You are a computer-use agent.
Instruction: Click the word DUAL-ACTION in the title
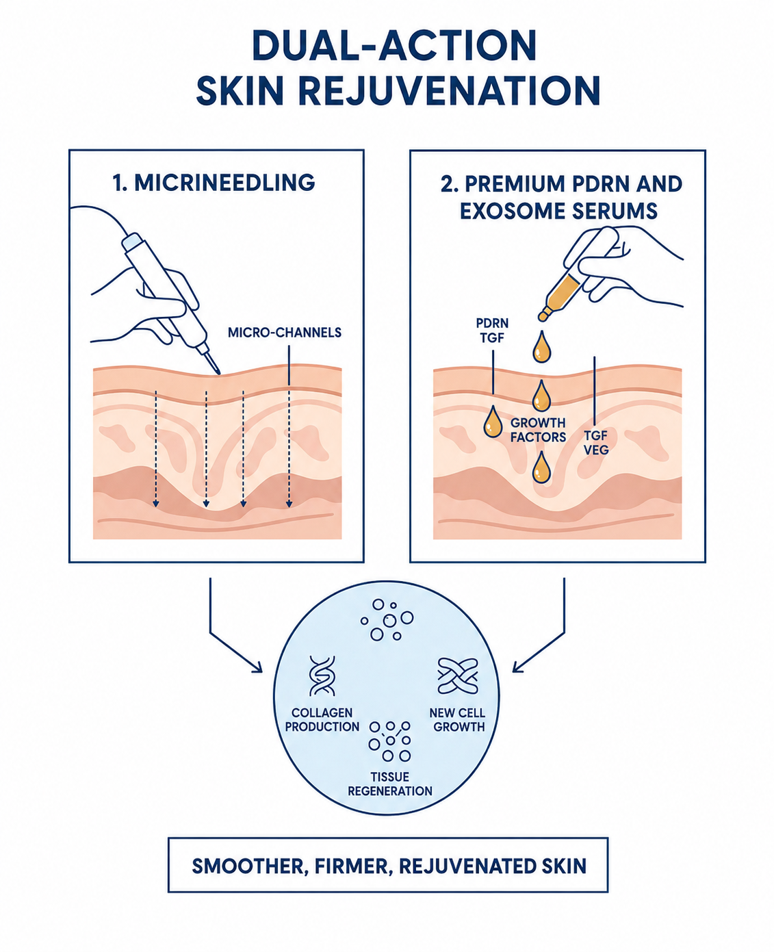[x=394, y=46]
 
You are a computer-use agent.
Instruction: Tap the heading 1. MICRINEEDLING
[x=214, y=182]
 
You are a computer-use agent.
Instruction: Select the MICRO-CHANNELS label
[x=285, y=333]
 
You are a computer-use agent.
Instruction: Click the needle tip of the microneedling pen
[x=218, y=372]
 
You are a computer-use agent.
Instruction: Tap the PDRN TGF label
[x=492, y=331]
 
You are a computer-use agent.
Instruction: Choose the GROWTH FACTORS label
[x=538, y=430]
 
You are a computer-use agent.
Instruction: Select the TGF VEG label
[x=596, y=442]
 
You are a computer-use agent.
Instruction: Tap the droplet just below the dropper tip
[x=541, y=347]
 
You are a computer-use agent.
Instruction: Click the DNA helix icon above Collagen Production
[x=322, y=676]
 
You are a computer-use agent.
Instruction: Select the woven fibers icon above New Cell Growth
[x=458, y=676]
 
